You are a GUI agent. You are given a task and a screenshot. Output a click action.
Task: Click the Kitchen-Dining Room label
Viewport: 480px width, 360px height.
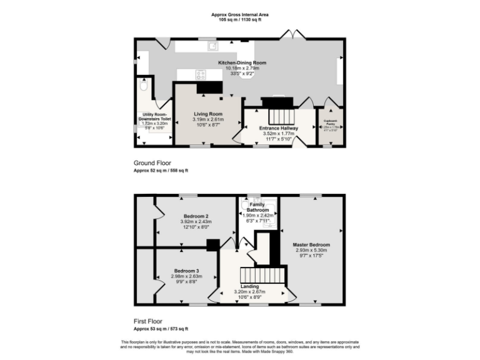pos(242,63)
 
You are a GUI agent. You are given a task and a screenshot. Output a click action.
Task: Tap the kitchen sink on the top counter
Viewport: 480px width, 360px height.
pos(212,45)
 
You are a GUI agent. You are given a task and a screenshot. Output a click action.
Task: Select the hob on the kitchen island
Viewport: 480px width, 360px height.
pos(202,74)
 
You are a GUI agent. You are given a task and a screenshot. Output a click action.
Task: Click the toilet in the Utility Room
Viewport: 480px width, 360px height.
pos(144,88)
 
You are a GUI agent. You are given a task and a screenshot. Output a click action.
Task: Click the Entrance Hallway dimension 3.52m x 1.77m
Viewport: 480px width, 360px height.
pos(279,133)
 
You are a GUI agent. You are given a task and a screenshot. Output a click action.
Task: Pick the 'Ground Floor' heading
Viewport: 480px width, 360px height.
pos(152,163)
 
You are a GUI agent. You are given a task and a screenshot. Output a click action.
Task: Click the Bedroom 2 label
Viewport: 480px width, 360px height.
pos(196,216)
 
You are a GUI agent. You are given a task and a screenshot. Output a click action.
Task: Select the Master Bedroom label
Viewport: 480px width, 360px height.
pos(311,244)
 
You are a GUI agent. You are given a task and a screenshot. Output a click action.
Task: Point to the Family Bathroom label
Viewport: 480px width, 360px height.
pos(257,207)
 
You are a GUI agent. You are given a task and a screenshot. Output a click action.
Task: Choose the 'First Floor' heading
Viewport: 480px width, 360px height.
pos(149,321)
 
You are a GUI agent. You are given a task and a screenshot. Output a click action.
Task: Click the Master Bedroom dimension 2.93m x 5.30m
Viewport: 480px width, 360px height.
pos(311,251)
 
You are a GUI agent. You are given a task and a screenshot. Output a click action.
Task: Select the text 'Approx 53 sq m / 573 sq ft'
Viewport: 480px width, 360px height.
pos(161,328)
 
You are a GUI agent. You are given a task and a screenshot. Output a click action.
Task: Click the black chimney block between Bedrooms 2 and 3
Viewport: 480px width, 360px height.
pos(212,244)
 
